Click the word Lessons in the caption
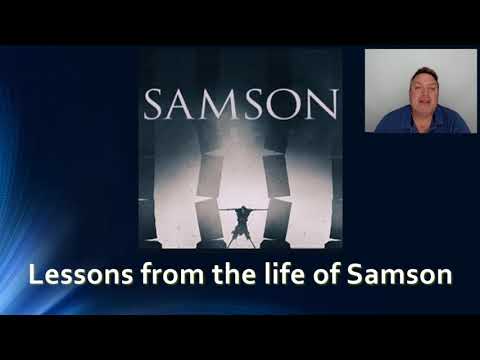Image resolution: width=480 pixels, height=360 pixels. (x=72, y=273)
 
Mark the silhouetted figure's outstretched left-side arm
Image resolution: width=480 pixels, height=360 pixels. (x=222, y=210)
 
